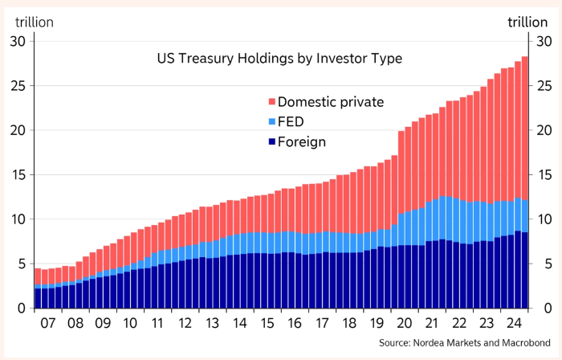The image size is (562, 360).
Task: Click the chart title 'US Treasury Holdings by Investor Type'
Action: coord(279,59)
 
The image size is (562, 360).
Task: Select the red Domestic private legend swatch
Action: coord(271,102)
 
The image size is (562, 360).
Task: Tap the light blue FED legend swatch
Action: coord(271,122)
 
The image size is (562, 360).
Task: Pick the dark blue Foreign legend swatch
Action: coord(271,142)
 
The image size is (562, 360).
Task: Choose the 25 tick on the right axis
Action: coord(543,86)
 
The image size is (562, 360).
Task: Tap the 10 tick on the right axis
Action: coord(543,219)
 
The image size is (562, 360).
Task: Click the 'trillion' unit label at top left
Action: coord(33,22)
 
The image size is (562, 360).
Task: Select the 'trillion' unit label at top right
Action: coord(527,22)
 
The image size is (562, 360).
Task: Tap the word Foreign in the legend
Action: coord(303,142)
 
